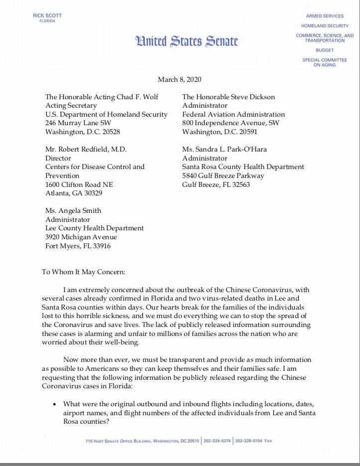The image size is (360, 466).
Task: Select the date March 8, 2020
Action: tap(179, 80)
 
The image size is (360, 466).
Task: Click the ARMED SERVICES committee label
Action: tap(325, 16)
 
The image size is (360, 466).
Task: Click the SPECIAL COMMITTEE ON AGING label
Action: tap(324, 63)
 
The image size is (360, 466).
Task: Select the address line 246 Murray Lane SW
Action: tap(78, 123)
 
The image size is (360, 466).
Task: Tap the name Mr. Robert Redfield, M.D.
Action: tap(81, 149)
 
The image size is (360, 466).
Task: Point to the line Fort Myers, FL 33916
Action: tap(78, 246)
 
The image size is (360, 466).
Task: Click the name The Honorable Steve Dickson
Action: tap(228, 97)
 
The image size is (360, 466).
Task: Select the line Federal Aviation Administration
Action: tap(234, 115)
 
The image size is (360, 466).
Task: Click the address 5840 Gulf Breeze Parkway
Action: tap(223, 175)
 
